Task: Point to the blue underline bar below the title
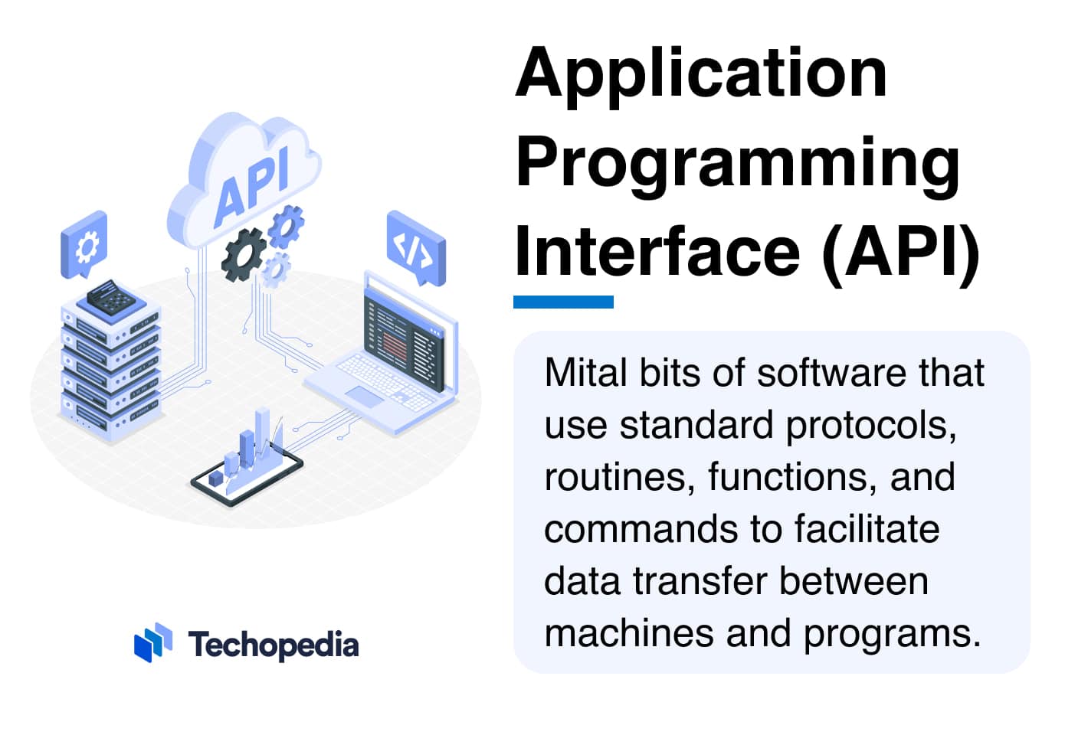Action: pyautogui.click(x=563, y=302)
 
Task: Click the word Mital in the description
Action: pyautogui.click(x=585, y=373)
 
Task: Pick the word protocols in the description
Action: pyautogui.click(x=870, y=426)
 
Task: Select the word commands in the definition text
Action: pyautogui.click(x=641, y=528)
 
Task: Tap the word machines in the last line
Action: pyautogui.click(x=629, y=633)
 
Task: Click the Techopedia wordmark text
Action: pyautogui.click(x=274, y=645)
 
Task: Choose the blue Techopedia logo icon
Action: pyautogui.click(x=153, y=642)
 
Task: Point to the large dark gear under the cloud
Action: pyautogui.click(x=244, y=255)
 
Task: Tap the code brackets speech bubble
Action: pyautogui.click(x=416, y=247)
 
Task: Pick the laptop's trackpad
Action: pyautogui.click(x=364, y=397)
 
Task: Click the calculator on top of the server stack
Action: pyautogui.click(x=111, y=297)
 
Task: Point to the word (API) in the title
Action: pyautogui.click(x=900, y=256)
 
